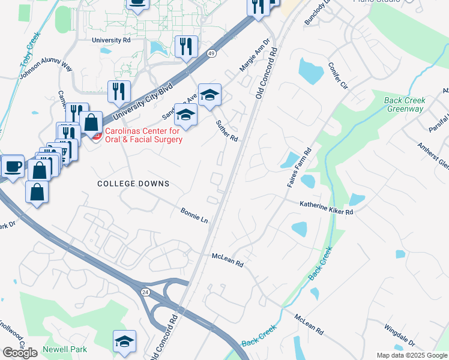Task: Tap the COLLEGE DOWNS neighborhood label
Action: click(x=133, y=184)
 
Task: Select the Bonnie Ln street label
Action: click(x=194, y=216)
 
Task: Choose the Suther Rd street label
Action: click(x=228, y=130)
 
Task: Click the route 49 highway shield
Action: click(x=212, y=54)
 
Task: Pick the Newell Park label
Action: click(x=65, y=349)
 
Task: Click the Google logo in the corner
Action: click(x=20, y=352)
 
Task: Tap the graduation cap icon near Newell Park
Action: click(x=124, y=341)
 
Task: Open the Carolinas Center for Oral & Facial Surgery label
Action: click(x=144, y=136)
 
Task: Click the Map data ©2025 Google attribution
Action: click(x=411, y=355)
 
